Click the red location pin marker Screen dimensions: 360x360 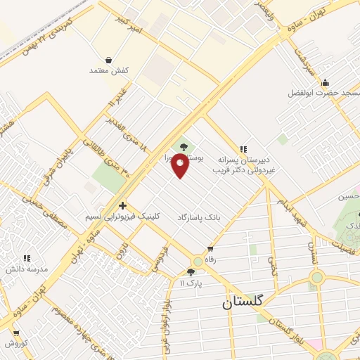click(180, 166)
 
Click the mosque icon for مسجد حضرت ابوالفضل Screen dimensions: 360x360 click(325, 83)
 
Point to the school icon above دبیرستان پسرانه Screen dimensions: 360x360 click(243, 148)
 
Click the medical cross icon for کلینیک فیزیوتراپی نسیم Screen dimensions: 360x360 click(123, 206)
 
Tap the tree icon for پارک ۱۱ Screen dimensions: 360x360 click(191, 272)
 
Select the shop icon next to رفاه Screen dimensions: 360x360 click(210, 250)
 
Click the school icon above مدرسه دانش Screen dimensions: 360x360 click(27, 259)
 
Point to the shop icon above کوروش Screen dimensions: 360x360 click(15, 333)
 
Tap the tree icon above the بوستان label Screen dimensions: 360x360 click(184, 147)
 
